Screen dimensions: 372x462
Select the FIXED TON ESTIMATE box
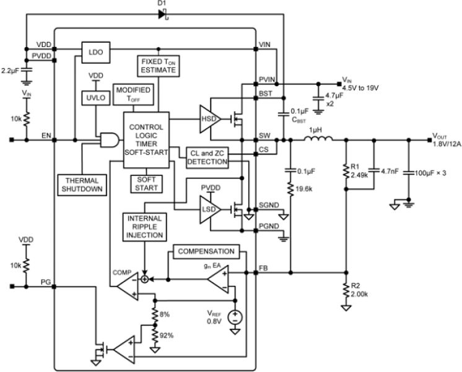point(158,66)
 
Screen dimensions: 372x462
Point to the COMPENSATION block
point(206,251)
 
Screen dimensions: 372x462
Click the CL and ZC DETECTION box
point(207,157)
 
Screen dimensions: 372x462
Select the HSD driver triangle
point(209,117)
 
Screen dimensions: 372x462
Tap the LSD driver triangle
point(209,210)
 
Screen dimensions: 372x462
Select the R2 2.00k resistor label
point(357,290)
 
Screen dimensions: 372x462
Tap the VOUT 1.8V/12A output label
point(444,140)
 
